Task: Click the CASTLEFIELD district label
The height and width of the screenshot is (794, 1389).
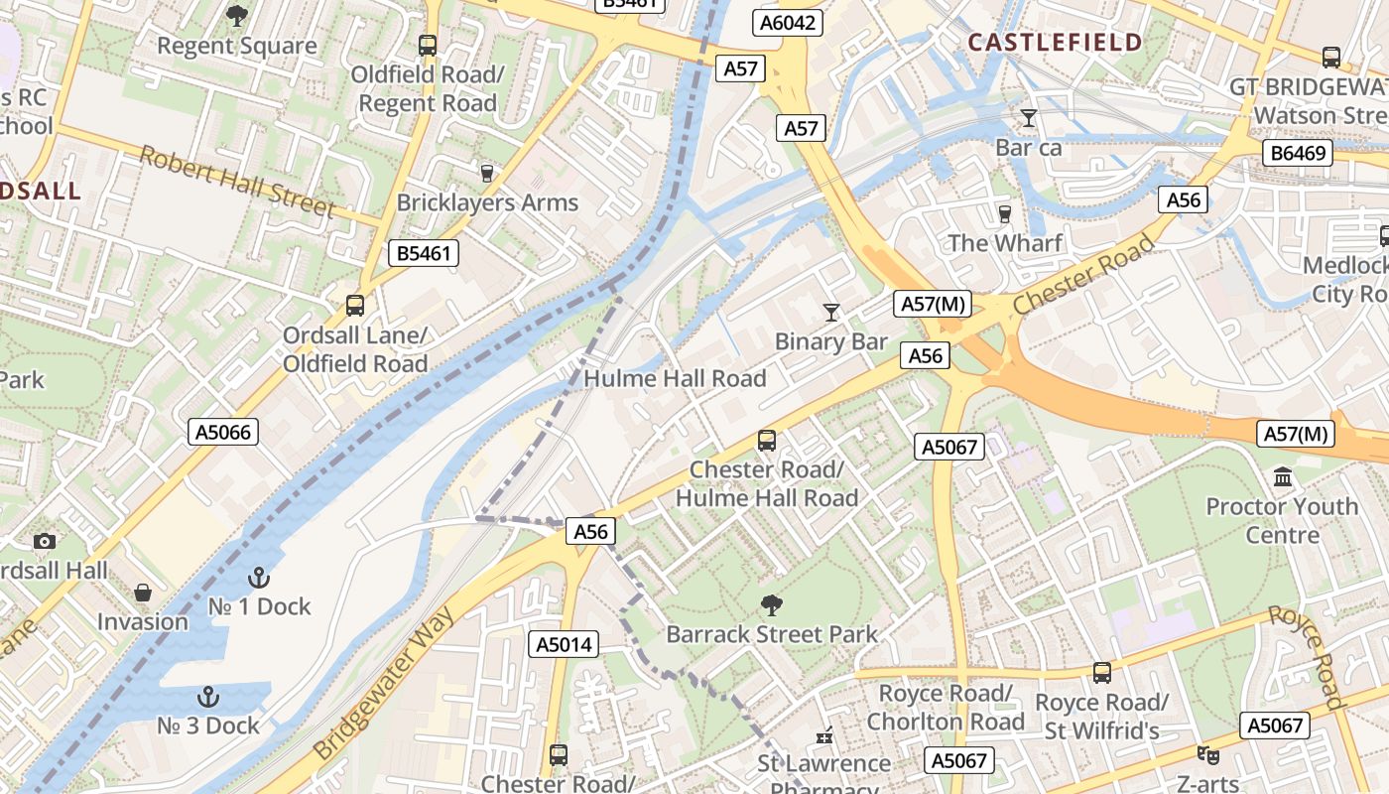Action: (x=1055, y=42)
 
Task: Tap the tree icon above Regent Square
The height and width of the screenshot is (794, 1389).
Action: (x=237, y=15)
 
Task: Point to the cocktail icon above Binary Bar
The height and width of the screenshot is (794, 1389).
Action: (x=831, y=313)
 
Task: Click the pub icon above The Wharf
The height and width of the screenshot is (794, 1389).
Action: (x=1004, y=214)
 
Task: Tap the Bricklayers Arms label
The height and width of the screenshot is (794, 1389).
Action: (x=487, y=202)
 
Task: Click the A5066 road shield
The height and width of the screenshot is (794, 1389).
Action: (x=223, y=432)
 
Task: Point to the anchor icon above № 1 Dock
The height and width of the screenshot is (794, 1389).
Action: (x=258, y=577)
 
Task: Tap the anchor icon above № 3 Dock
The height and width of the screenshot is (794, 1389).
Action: (x=208, y=696)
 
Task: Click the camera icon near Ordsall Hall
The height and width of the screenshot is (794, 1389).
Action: (x=44, y=541)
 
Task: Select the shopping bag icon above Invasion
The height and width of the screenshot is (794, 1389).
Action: (x=143, y=593)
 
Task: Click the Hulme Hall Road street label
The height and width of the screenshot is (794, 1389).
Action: (x=675, y=378)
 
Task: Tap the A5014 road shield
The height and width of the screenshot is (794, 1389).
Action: (x=564, y=644)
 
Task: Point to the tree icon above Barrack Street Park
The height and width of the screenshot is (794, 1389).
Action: (x=771, y=604)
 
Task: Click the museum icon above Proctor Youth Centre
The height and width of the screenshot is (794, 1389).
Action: (x=1282, y=477)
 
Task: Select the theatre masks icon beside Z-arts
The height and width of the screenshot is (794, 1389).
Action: (x=1206, y=755)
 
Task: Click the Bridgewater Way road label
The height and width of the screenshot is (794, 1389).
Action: (x=385, y=684)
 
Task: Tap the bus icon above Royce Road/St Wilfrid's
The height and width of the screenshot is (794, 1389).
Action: (x=1101, y=673)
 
